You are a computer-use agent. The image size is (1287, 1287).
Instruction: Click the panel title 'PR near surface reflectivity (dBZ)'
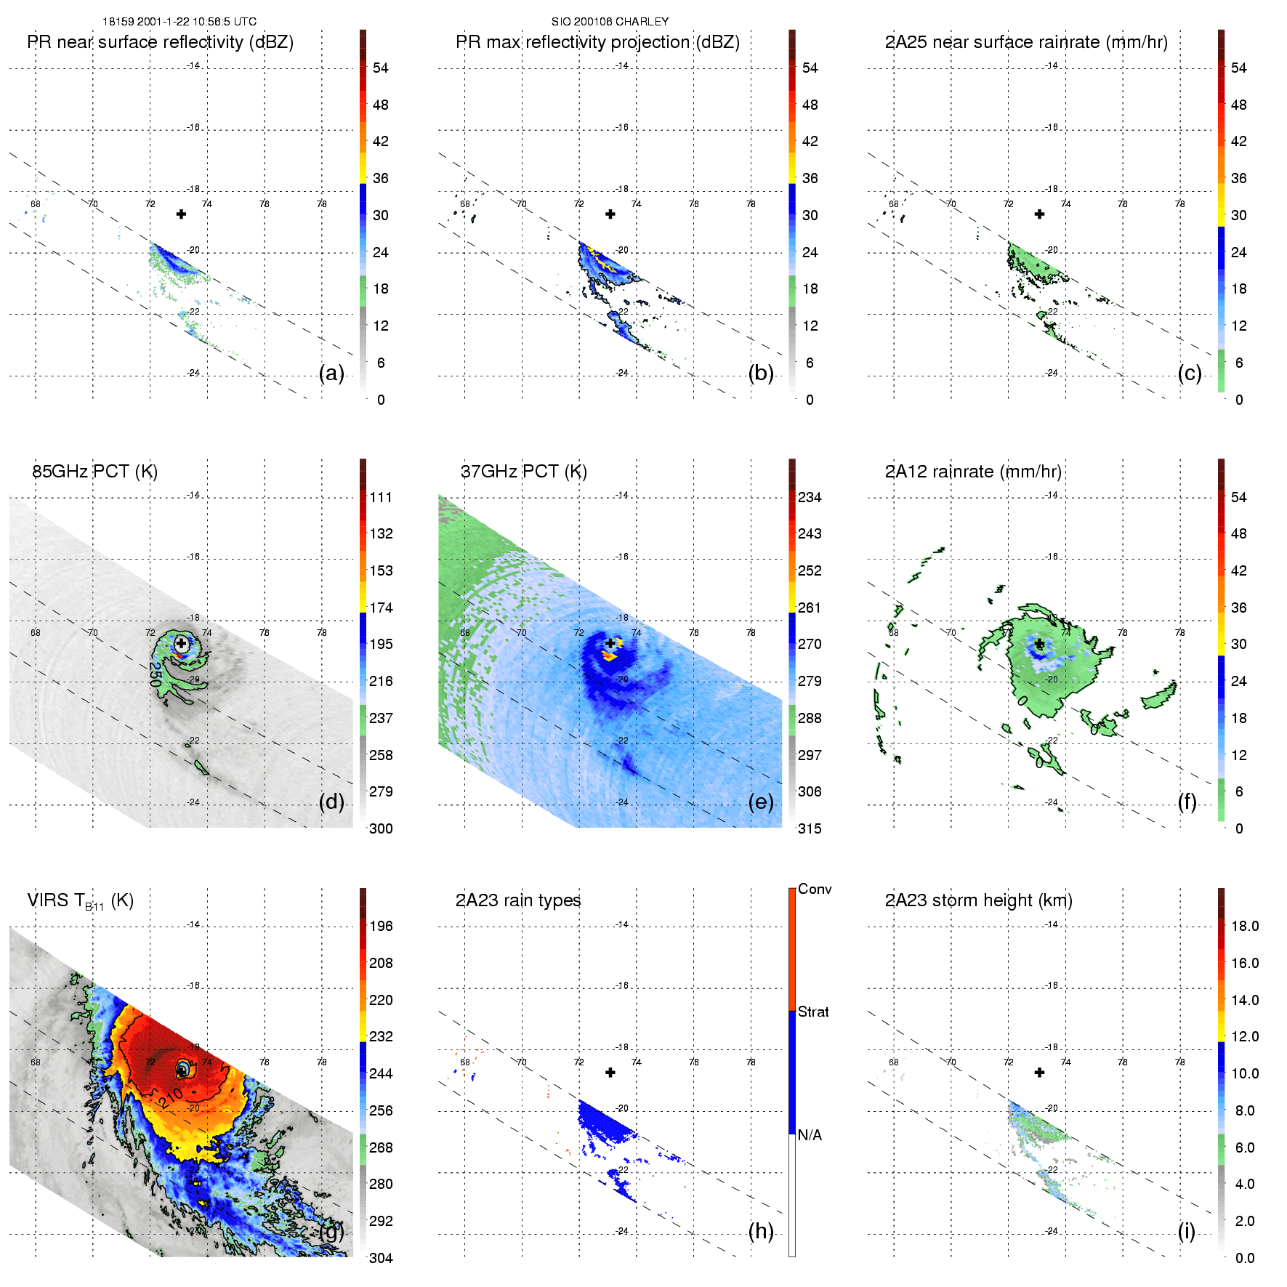(x=160, y=42)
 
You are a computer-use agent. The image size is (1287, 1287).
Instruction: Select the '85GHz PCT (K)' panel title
(x=94, y=472)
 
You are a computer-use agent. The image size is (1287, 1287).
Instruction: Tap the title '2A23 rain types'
(x=518, y=900)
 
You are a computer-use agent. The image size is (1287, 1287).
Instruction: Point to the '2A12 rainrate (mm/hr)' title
(x=973, y=472)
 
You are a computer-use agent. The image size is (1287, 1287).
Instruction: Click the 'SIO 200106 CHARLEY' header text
(x=610, y=22)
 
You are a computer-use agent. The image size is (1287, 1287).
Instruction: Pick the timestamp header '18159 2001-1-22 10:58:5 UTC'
(x=179, y=22)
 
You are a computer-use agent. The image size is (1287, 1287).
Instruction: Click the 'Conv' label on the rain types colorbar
(x=815, y=889)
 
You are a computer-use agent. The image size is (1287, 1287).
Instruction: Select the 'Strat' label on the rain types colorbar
(x=813, y=1012)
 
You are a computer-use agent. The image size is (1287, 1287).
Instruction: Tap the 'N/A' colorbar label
(x=810, y=1135)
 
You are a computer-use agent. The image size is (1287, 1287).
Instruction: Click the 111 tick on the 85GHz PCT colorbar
(x=381, y=497)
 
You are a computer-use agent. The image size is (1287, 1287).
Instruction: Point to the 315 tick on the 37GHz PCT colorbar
(x=810, y=828)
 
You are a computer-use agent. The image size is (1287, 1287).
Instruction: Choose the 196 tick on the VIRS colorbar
(x=381, y=926)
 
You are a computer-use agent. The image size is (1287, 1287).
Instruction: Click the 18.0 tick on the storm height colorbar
(x=1245, y=926)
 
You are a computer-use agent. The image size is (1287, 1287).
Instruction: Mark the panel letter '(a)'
(x=331, y=373)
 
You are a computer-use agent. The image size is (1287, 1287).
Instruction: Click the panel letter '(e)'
(x=761, y=802)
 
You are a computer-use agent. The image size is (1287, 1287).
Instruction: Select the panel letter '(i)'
(x=1187, y=1231)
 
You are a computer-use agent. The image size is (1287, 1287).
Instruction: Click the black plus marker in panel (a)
(x=181, y=214)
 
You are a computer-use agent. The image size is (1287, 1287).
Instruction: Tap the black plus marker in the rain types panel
(x=610, y=1072)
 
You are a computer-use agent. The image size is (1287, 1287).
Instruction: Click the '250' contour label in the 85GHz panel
(x=155, y=674)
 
